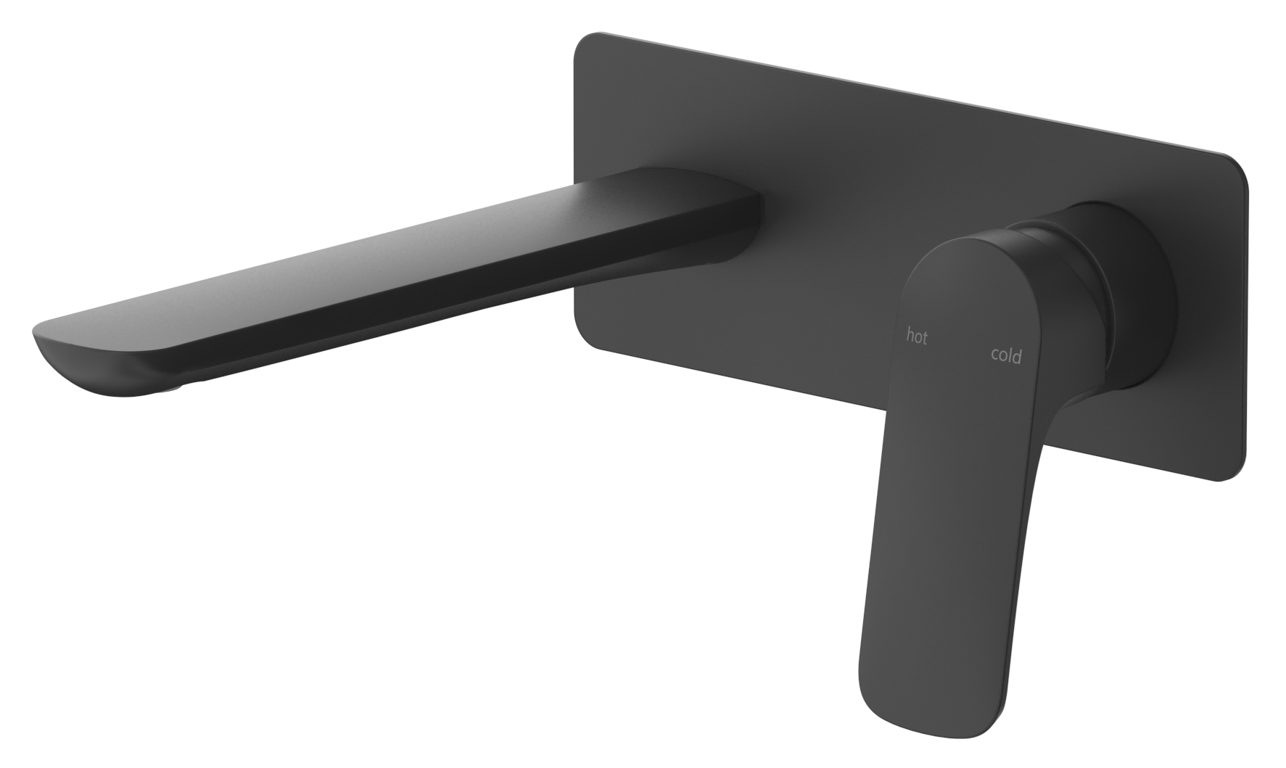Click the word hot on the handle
pos(917,336)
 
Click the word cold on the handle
pos(1006,355)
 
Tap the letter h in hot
pos(910,335)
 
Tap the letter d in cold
pos(1018,355)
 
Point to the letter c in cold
pos(995,355)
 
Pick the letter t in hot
pos(924,338)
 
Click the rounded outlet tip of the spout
pos(44,337)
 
